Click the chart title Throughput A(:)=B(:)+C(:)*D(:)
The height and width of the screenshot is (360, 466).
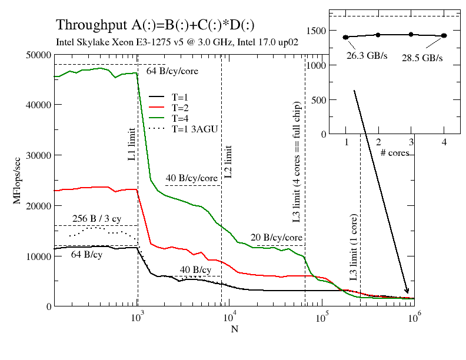155,25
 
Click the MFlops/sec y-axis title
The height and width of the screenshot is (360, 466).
16,180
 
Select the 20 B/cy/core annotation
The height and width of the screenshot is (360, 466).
277,238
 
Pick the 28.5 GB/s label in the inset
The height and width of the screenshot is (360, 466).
422,58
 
